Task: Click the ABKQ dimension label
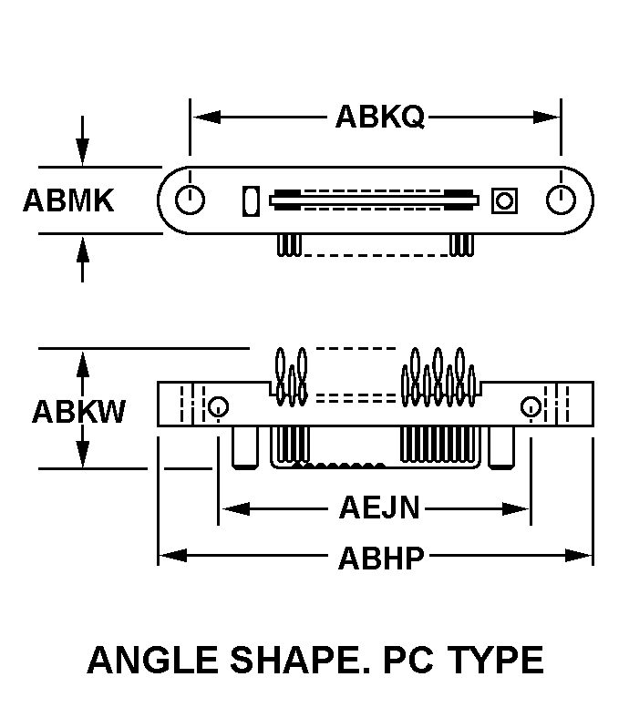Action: [x=379, y=117]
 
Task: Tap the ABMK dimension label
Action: [x=68, y=200]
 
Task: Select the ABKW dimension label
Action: [x=78, y=411]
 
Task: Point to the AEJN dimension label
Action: [x=379, y=508]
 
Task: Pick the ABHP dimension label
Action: [x=380, y=558]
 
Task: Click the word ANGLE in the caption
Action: [x=153, y=660]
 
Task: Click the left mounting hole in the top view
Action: [x=190, y=200]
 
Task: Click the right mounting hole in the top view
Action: [x=561, y=200]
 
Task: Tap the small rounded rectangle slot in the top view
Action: [x=251, y=201]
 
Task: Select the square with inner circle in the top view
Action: [x=504, y=201]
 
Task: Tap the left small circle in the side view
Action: [x=218, y=406]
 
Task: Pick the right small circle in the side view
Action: [x=531, y=406]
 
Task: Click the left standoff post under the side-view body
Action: [x=245, y=447]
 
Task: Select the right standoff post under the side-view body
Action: [x=501, y=447]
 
